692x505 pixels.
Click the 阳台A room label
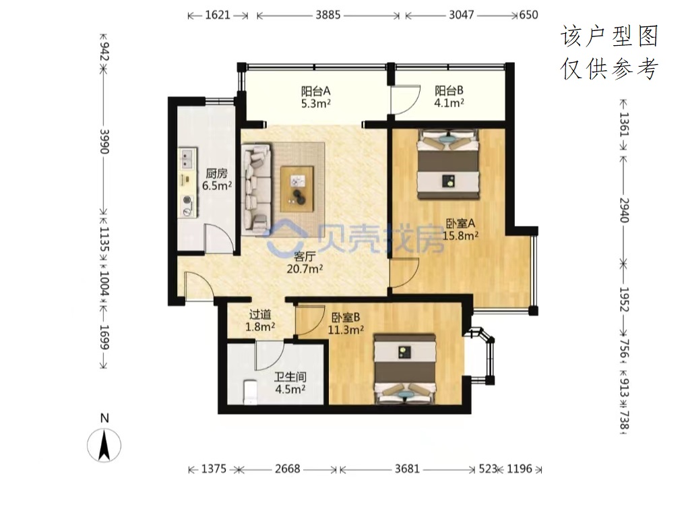click(x=315, y=97)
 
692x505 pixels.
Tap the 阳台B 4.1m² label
click(x=449, y=97)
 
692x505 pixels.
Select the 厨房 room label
click(x=217, y=179)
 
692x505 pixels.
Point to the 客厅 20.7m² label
click(x=305, y=263)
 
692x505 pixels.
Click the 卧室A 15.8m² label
click(x=460, y=229)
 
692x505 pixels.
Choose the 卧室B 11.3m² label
click(x=346, y=323)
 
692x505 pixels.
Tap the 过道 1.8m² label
click(x=260, y=320)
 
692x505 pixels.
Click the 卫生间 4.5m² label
click(x=290, y=383)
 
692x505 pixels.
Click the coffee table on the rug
click(x=297, y=185)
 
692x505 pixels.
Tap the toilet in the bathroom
click(x=251, y=392)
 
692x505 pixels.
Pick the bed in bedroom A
click(x=448, y=164)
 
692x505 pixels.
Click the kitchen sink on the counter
click(x=187, y=159)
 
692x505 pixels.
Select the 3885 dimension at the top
click(x=328, y=15)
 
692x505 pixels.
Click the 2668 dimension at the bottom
click(x=287, y=469)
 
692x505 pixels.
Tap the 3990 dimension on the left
click(x=104, y=142)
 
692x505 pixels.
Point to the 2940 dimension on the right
click(x=623, y=210)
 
